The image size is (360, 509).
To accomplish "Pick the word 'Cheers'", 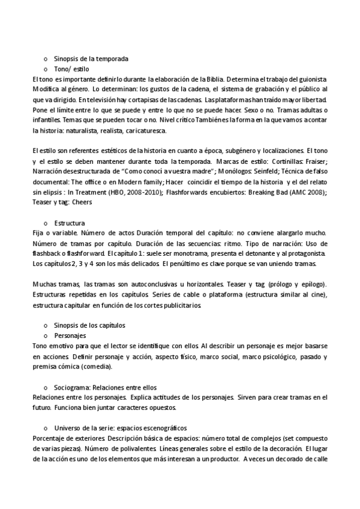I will [x=81, y=202].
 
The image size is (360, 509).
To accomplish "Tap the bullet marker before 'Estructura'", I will [x=46, y=223].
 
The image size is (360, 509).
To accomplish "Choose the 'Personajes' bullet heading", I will [x=70, y=335].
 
